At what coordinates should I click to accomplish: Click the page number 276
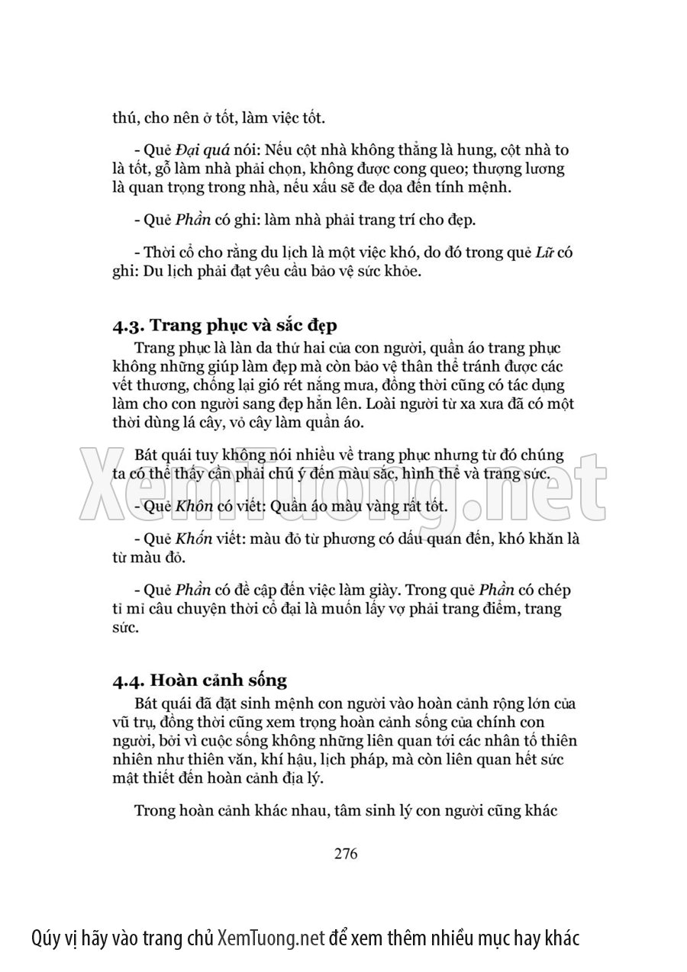[x=346, y=854]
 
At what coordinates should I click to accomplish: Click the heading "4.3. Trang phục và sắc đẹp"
[x=225, y=326]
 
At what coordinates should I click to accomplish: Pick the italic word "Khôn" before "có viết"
[x=193, y=506]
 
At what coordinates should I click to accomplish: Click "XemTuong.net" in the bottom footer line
[x=272, y=938]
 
